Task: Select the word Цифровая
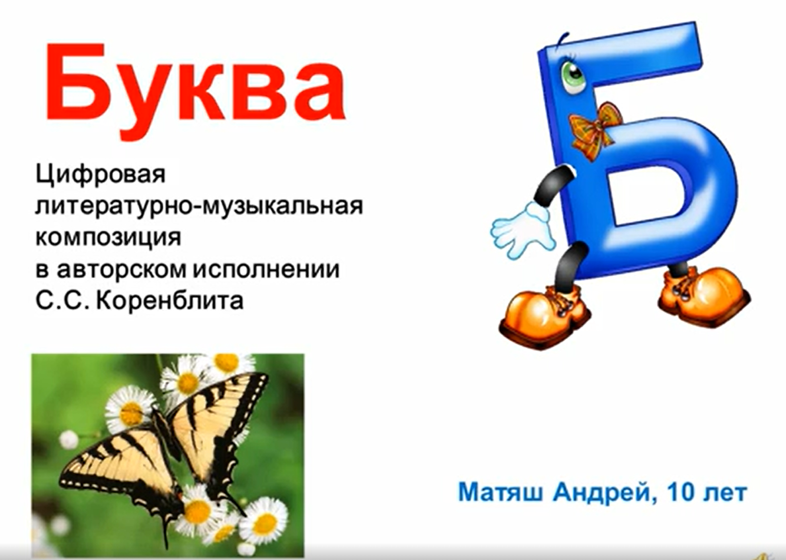pos(99,177)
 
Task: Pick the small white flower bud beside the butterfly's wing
pos(69,439)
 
